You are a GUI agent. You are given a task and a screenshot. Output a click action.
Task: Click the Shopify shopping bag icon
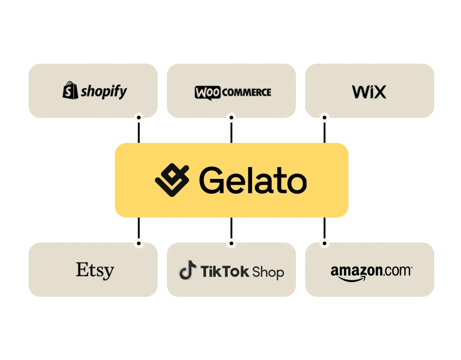pos(70,90)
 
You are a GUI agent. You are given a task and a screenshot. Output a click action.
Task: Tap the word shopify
pos(104,91)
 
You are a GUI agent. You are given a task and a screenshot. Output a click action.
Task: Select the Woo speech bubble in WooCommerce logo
pos(207,93)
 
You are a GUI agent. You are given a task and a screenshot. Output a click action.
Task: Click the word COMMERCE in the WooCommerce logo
pos(246,92)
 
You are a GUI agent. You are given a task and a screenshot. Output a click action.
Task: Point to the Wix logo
pos(369,92)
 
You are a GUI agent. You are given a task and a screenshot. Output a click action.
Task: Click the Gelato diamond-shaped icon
pos(172,180)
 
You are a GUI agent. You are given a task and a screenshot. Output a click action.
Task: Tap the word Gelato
pos(253,180)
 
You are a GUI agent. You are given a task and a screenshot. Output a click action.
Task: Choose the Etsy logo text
pos(95,271)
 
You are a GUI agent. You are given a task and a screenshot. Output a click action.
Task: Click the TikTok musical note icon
pos(188,270)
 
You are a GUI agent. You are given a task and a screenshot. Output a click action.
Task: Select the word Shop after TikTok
pos(268,272)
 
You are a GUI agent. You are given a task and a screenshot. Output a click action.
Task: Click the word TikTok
pos(225,271)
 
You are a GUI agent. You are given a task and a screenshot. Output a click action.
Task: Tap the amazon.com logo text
pos(371,271)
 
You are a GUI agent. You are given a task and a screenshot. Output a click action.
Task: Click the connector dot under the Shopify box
pos(139,118)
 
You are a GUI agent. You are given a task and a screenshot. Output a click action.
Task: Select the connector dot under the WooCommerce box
pos(231,118)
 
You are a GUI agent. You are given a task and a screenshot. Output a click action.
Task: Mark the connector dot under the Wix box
pos(324,118)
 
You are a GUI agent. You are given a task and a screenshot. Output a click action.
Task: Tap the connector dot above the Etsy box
pos(139,243)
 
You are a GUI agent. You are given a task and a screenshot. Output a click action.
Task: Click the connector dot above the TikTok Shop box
pos(231,243)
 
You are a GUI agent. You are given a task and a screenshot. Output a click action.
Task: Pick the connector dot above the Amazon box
pos(324,243)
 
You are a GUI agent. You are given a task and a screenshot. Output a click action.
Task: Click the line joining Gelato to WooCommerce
pos(231,131)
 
